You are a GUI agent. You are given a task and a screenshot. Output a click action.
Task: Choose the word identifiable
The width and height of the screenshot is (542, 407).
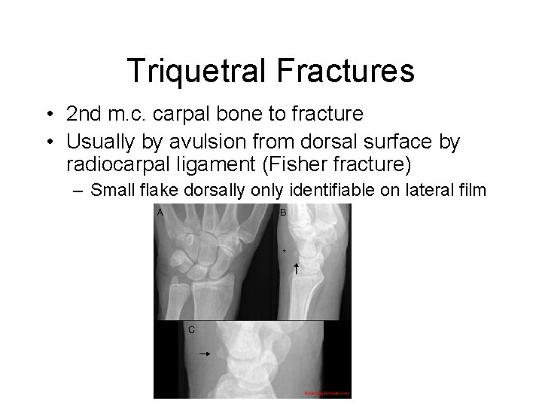click(345, 190)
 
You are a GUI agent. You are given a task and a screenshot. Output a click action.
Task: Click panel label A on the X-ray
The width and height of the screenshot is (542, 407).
click(160, 213)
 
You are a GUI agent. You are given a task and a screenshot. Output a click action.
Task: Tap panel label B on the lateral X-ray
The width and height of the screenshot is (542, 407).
click(283, 213)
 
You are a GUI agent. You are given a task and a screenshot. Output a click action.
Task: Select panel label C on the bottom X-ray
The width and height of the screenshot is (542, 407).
click(191, 329)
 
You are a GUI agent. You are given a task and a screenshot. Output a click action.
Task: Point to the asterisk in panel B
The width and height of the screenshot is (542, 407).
click(284, 250)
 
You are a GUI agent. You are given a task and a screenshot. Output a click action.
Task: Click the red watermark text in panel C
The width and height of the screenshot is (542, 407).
click(327, 393)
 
